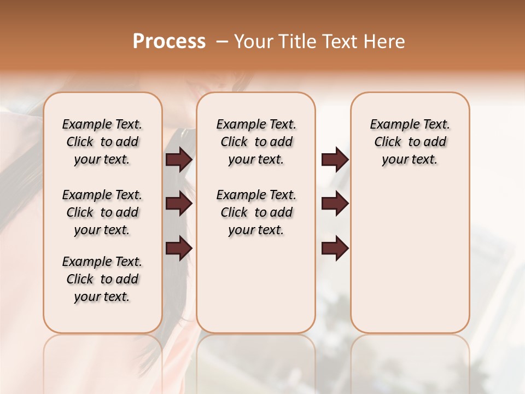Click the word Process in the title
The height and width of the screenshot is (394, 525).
(x=169, y=42)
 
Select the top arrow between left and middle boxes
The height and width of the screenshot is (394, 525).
(x=179, y=160)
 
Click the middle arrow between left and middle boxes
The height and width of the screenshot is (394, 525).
(x=179, y=204)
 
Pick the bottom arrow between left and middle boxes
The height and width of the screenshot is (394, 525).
(x=179, y=248)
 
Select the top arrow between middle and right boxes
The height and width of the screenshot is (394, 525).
(x=335, y=160)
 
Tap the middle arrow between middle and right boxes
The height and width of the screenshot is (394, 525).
(x=335, y=204)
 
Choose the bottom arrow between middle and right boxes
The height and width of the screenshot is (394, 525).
(x=335, y=248)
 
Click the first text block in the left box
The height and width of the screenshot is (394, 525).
(x=102, y=142)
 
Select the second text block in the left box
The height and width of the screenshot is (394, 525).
(x=102, y=212)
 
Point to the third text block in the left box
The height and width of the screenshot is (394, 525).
(x=102, y=279)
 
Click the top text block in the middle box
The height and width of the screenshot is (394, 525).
(x=256, y=142)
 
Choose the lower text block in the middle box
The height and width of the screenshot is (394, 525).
(x=256, y=212)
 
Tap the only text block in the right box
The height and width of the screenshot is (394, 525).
(x=410, y=142)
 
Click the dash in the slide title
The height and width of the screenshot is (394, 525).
(x=222, y=42)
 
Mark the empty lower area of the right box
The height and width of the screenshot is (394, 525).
(x=410, y=257)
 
